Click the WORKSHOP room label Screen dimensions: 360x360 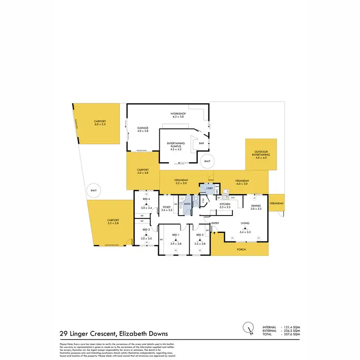[x=178, y=114]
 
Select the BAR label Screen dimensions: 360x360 [x=202, y=142]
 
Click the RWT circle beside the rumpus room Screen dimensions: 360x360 [x=207, y=162]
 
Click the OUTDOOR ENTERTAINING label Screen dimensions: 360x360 [x=262, y=154]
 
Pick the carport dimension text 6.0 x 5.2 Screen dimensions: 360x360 [x=100, y=124]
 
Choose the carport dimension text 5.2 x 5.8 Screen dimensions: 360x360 [x=113, y=224]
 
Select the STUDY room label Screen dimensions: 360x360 [x=167, y=207]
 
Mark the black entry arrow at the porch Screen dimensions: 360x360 [x=215, y=233]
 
